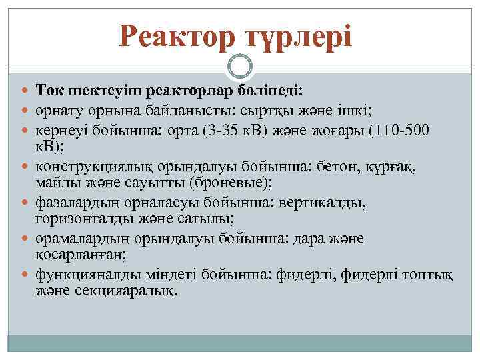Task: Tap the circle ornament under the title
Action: tap(240, 66)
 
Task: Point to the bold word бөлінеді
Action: tap(272, 89)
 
